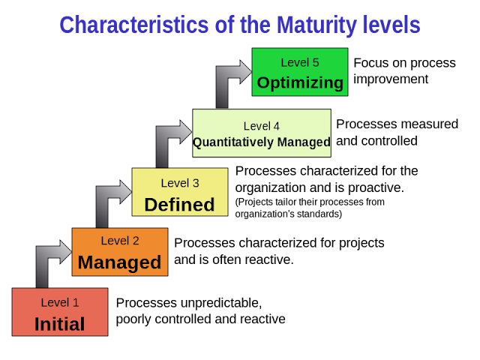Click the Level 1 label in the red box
[x=59, y=302]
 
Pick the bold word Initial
[x=59, y=324]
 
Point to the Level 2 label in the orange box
[x=119, y=241]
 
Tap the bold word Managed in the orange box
[x=119, y=262]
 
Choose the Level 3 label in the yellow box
[x=179, y=182]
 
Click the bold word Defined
[x=179, y=204]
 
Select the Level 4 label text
[x=262, y=125]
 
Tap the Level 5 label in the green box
[x=299, y=62]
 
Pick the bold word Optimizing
[x=299, y=82]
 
